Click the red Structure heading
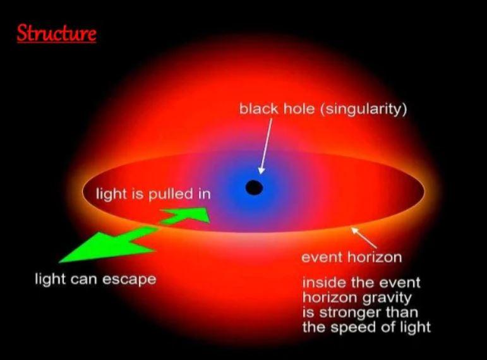pos(56,33)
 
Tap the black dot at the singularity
pos(254,188)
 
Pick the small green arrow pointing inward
pos(186,215)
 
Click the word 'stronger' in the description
pos(349,312)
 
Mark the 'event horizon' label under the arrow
pos(352,257)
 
